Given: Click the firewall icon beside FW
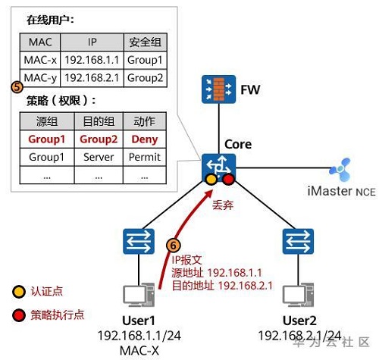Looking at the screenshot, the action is point(218,89).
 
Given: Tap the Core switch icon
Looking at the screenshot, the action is point(218,167).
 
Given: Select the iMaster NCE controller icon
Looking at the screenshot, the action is point(340,170).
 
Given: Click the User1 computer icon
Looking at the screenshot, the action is point(139,295).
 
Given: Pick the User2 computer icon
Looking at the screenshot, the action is point(298,295).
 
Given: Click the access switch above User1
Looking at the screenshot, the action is point(139,241).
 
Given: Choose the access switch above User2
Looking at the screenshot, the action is point(298,241).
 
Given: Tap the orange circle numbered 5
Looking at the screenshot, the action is point(17,87).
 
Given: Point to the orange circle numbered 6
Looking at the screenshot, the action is point(174,246).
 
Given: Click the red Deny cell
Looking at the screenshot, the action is point(145,139).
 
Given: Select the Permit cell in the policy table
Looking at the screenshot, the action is point(145,157).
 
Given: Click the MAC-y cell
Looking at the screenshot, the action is point(40,78).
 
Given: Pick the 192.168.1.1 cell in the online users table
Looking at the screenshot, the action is point(92,60).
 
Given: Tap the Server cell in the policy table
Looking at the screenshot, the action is point(99,157).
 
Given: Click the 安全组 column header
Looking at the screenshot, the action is point(146,42).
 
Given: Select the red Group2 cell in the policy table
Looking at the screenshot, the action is point(99,139).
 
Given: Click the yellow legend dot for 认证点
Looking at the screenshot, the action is point(19,292).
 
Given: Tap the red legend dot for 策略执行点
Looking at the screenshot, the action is point(19,315).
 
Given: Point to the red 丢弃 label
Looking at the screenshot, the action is point(223,205).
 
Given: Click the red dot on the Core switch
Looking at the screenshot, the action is point(228,180).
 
